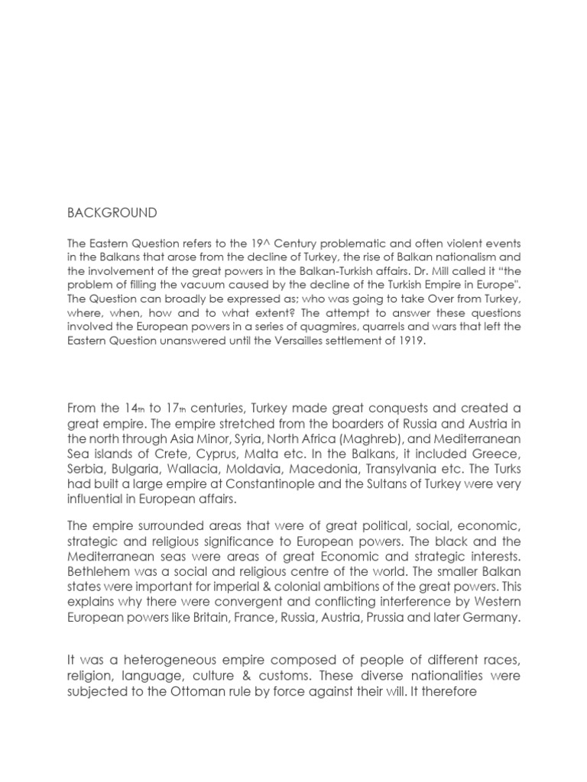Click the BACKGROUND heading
pyautogui.click(x=112, y=212)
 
